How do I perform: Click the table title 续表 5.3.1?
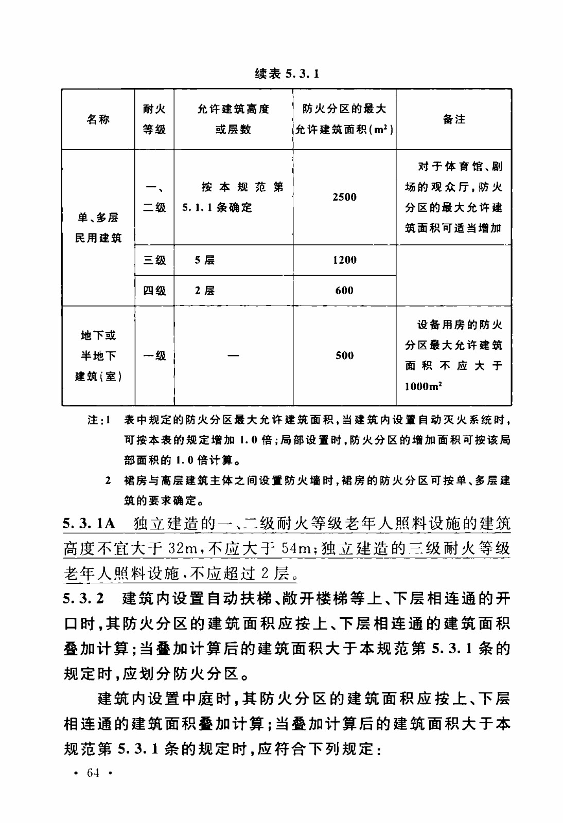coord(287,74)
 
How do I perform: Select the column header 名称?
coord(98,119)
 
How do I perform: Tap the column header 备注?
coord(453,119)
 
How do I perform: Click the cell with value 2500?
coord(344,197)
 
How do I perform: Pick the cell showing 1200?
coord(344,260)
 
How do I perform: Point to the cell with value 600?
coord(344,291)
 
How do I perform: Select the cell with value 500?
coord(344,355)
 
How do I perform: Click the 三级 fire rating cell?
coord(154,260)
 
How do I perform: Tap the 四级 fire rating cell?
coord(154,291)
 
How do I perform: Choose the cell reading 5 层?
coord(204,260)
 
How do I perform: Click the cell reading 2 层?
coord(204,291)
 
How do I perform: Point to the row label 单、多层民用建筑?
coord(98,228)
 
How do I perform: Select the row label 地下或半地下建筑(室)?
coord(98,355)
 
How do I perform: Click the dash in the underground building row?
coord(233,355)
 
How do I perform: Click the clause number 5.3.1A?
coord(89,524)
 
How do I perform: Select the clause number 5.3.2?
coord(83,598)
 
